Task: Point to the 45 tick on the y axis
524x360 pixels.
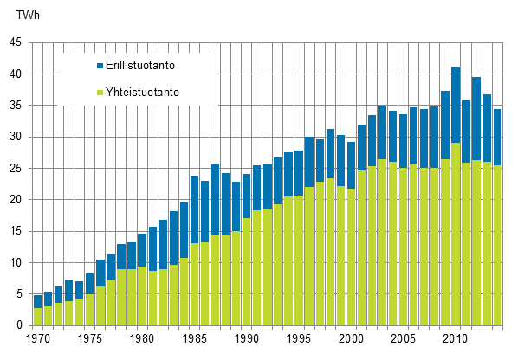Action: (16, 42)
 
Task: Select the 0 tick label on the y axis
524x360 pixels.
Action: (20, 325)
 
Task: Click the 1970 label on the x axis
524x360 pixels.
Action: (38, 340)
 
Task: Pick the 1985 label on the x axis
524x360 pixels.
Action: (194, 340)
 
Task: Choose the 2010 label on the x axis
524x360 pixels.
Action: (455, 340)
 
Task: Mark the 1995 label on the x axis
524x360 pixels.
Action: (298, 340)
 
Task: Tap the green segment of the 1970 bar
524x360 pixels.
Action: (38, 317)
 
